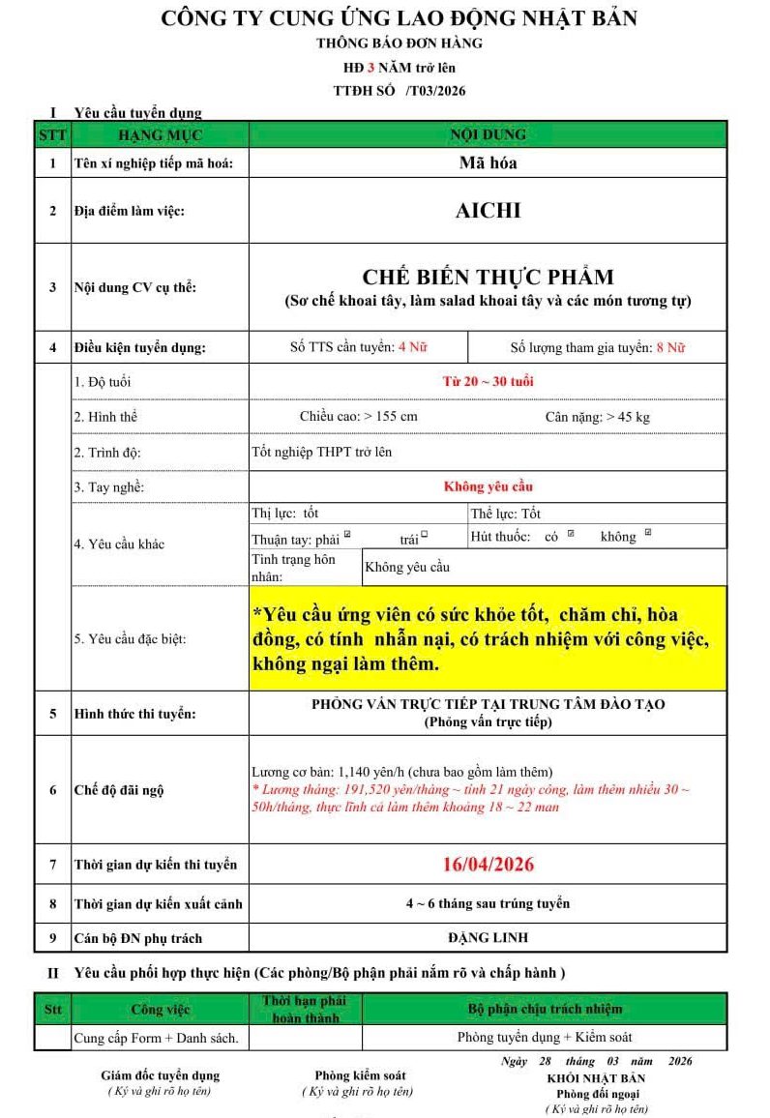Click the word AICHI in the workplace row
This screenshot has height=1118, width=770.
[488, 210]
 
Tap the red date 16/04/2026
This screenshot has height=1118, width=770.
[488, 864]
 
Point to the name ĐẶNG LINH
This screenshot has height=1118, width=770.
[488, 937]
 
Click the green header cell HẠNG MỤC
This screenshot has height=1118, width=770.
[160, 135]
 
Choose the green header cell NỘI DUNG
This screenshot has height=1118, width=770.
[488, 134]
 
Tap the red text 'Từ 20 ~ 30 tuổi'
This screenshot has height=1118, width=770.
[488, 381]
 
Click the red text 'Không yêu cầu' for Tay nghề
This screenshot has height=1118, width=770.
[488, 486]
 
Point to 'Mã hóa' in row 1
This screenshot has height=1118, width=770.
[488, 162]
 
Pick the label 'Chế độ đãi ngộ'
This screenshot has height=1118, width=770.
[119, 790]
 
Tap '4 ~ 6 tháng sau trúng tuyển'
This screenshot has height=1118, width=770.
[488, 903]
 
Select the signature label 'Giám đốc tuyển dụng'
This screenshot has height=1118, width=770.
[161, 1074]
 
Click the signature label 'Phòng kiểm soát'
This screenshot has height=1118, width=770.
[360, 1074]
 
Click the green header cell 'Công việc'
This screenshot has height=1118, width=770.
[160, 1009]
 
